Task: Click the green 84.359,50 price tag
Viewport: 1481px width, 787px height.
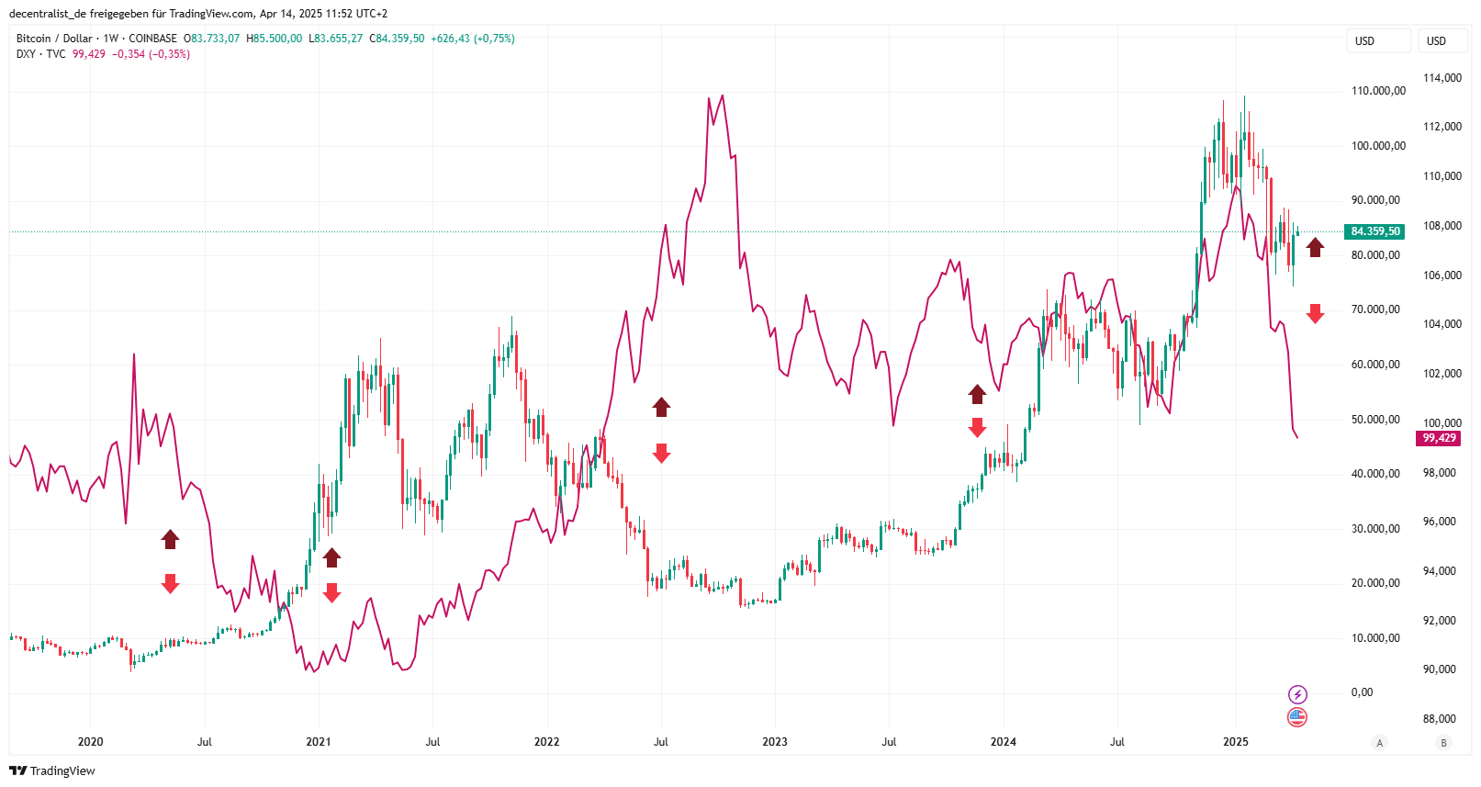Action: [1374, 231]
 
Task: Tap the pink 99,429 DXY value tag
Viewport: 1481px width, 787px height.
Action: [1439, 438]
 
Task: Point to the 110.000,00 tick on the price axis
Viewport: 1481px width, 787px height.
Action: [1378, 91]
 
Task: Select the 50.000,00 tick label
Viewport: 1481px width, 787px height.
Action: [1375, 420]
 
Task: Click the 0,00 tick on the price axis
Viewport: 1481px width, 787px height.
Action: [1362, 692]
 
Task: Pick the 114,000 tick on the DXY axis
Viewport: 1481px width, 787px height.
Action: [1442, 78]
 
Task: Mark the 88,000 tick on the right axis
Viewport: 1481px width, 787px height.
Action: [1439, 719]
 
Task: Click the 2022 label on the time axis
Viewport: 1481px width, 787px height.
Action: [546, 742]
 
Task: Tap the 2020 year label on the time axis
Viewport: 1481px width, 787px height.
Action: [90, 742]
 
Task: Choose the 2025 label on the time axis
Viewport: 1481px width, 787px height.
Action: [1235, 742]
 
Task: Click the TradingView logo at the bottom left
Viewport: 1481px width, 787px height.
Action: [52, 770]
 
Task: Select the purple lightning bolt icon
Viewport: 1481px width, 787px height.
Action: [1297, 694]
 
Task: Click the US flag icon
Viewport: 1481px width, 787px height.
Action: [1297, 717]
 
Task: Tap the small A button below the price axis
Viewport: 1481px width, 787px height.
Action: [1379, 743]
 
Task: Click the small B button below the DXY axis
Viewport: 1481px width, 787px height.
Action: [1443, 743]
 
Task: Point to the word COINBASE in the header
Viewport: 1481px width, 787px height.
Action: [152, 39]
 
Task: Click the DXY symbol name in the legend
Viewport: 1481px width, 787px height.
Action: [26, 54]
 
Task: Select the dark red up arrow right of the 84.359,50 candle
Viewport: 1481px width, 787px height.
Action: [1316, 247]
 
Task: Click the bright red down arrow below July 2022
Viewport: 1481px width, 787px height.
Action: [661, 453]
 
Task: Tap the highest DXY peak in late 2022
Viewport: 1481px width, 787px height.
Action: [723, 96]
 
